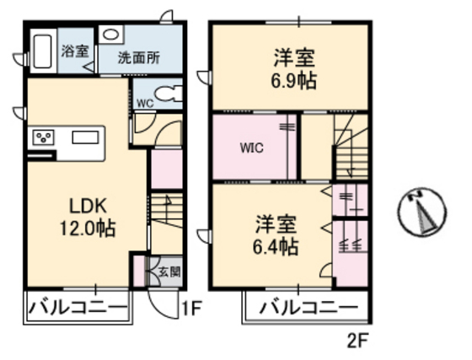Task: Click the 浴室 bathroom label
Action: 74,50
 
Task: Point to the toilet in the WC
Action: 164,93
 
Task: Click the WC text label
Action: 145,103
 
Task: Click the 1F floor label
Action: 192,309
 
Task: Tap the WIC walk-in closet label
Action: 251,148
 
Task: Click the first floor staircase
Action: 167,221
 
